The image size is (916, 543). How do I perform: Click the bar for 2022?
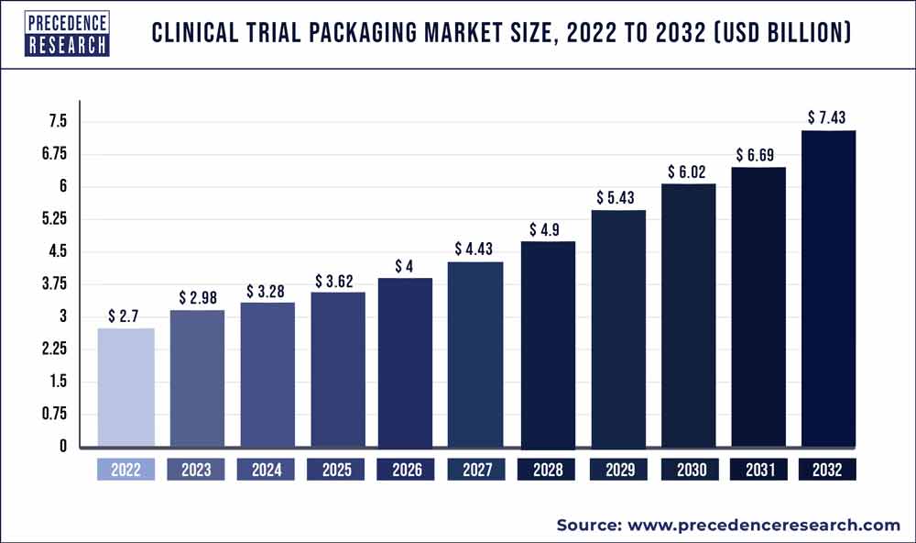pos(125,387)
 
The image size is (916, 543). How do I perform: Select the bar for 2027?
pos(475,354)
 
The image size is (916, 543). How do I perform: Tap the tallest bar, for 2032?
pos(827,289)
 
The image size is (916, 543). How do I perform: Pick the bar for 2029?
pos(616,328)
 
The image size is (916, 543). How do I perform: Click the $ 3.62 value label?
pos(335,279)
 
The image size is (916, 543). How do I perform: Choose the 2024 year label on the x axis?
pos(266,470)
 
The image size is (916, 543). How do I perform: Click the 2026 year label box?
pos(406,470)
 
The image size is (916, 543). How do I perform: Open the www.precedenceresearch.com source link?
pos(762,525)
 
